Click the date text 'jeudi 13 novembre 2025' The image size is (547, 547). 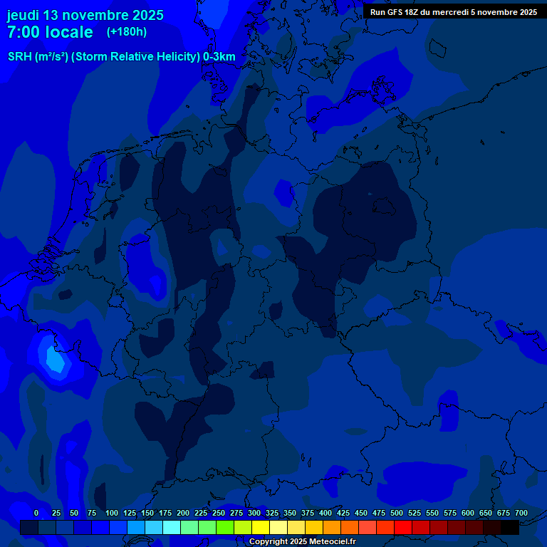coord(85,15)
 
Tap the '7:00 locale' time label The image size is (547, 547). coord(50,32)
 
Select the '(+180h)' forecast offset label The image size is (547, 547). coord(127,32)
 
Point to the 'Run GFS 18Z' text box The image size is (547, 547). coord(453,12)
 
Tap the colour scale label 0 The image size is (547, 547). coord(36,514)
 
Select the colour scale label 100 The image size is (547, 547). coord(112,514)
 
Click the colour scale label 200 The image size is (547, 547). coord(183,514)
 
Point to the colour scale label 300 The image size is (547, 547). coord(254,514)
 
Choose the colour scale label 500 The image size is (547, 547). coord(397,514)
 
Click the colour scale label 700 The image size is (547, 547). coord(521,514)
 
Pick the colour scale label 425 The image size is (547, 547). coord(343,514)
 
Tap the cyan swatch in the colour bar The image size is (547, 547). coord(172,527)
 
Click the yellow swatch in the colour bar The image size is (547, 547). coord(261,527)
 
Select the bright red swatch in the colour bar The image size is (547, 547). coord(403,527)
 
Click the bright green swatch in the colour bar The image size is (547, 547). coord(225,527)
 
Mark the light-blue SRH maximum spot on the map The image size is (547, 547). coord(54,360)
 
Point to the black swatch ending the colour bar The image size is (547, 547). coord(510,527)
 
